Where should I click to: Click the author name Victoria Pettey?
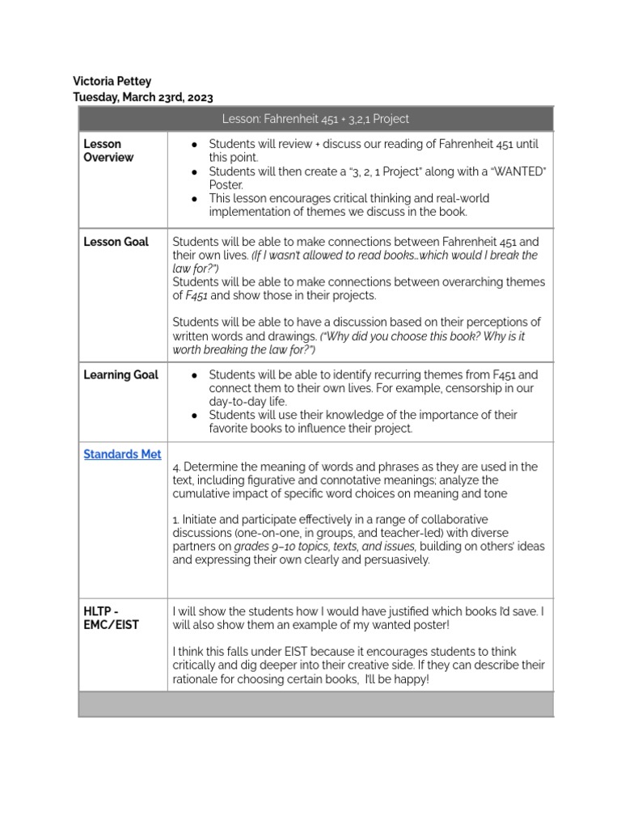click(x=112, y=82)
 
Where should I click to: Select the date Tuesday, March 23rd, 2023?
click(x=143, y=97)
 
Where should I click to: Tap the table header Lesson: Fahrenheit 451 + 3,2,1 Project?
click(x=315, y=119)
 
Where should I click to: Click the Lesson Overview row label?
click(x=108, y=150)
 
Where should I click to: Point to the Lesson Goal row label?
click(x=116, y=242)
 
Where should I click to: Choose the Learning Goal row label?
click(x=121, y=375)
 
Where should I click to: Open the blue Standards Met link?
click(x=123, y=454)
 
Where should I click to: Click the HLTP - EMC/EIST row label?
click(x=111, y=619)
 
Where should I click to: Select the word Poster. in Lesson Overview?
click(x=226, y=184)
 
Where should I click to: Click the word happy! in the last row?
click(x=411, y=678)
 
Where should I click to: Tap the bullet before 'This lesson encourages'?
click(x=194, y=198)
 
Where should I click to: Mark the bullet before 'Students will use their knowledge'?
click(x=194, y=415)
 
